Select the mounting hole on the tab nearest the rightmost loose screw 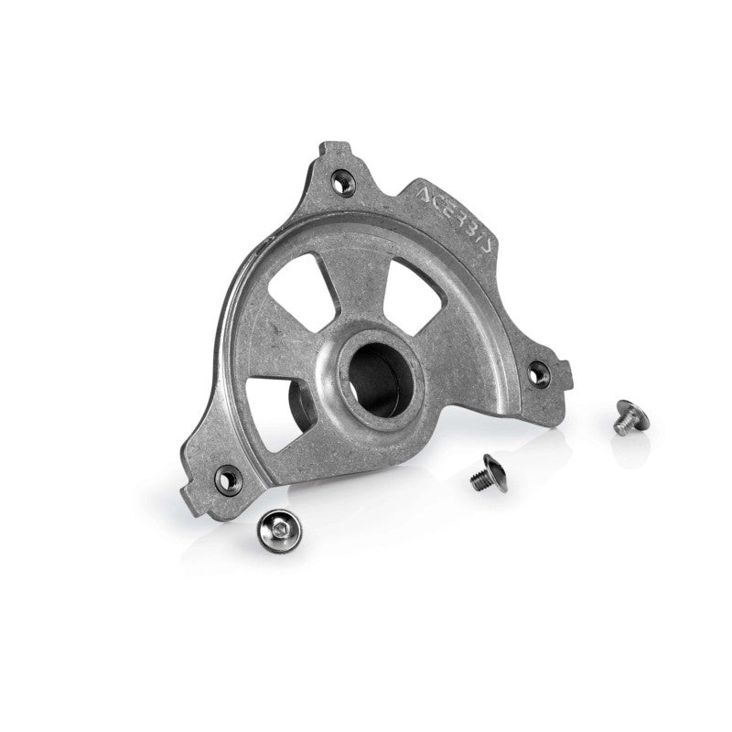(539, 371)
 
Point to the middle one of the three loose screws (483, 473)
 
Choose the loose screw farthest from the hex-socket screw (626, 416)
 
